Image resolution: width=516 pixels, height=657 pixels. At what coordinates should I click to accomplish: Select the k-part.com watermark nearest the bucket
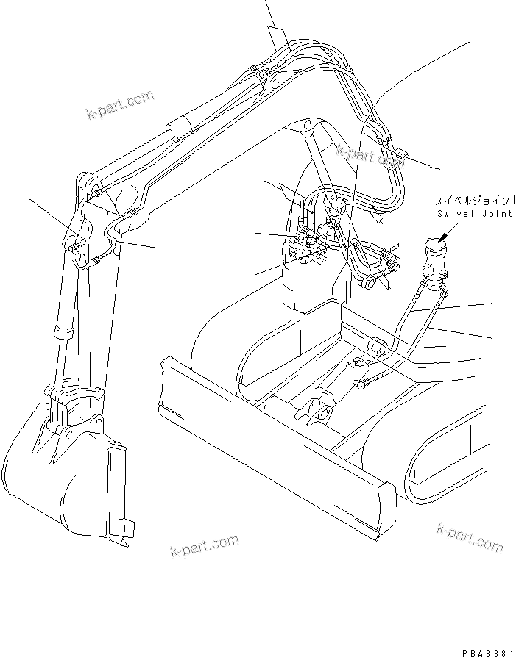point(204,545)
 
